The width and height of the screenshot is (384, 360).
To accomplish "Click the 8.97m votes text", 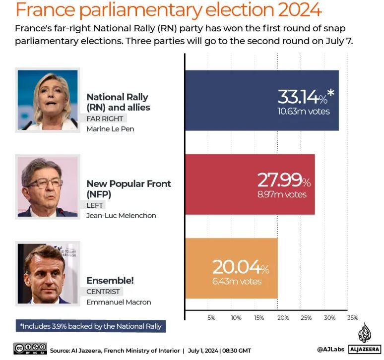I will coord(282,194).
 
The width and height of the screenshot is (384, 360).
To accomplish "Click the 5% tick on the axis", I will coord(211,318).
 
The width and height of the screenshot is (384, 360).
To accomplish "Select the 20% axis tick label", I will coord(282,318).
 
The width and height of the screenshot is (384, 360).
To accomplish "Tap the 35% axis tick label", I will coord(353,318).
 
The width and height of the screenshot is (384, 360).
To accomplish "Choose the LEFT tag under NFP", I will coord(96,205).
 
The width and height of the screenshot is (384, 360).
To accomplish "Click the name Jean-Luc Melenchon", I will coord(121,215).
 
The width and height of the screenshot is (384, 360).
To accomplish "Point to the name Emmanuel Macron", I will coord(119,302).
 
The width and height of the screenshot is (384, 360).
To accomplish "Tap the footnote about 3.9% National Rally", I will coord(91,326).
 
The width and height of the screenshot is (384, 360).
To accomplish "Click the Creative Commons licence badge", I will coord(30,348).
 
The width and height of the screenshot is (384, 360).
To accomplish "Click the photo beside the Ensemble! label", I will coord(48,273).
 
